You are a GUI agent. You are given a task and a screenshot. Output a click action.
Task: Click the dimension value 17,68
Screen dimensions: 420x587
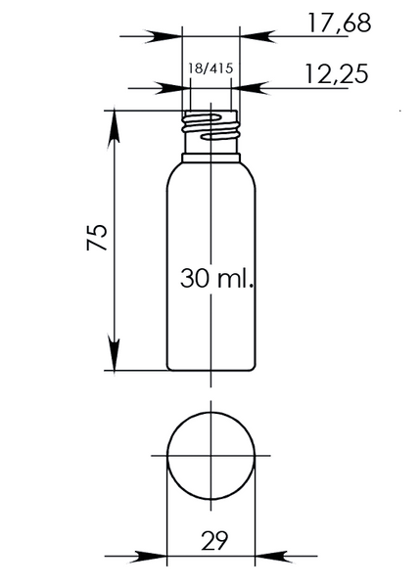(340, 23)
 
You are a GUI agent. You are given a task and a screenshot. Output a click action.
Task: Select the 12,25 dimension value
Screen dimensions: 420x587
(337, 73)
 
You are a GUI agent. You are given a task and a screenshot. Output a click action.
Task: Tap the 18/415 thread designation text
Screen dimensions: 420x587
(210, 68)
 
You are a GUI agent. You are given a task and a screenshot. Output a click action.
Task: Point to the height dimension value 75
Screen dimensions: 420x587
(98, 237)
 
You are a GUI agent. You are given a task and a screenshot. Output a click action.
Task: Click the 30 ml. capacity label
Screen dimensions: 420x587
(216, 278)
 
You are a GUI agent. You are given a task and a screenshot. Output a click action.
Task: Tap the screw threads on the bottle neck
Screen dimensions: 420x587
(210, 127)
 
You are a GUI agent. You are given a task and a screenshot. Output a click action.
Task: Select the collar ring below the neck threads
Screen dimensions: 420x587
(210, 158)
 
